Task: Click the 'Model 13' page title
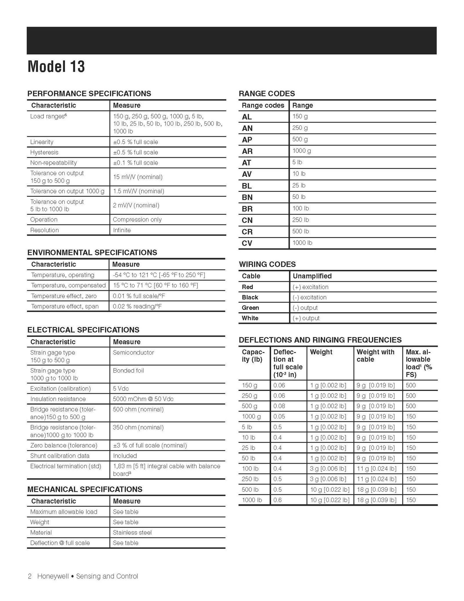coord(56,67)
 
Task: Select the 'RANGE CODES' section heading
coord(267,93)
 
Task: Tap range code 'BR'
coord(247,209)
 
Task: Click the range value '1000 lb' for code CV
coord(302,243)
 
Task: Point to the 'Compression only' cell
coord(137,220)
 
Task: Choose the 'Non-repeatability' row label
coord(53,163)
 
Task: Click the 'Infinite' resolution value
coord(122,230)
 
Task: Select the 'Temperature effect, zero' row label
coord(64,296)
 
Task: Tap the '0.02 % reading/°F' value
coord(137,306)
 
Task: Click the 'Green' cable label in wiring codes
coord(250,308)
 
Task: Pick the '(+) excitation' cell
coord(310,287)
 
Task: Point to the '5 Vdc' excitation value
coord(121,389)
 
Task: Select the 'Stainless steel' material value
coord(132,533)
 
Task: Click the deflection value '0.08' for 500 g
coord(279,406)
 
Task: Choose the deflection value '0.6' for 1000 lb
coord(277,500)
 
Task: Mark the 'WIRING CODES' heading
coord(267,264)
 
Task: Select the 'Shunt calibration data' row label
coord(60,456)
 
